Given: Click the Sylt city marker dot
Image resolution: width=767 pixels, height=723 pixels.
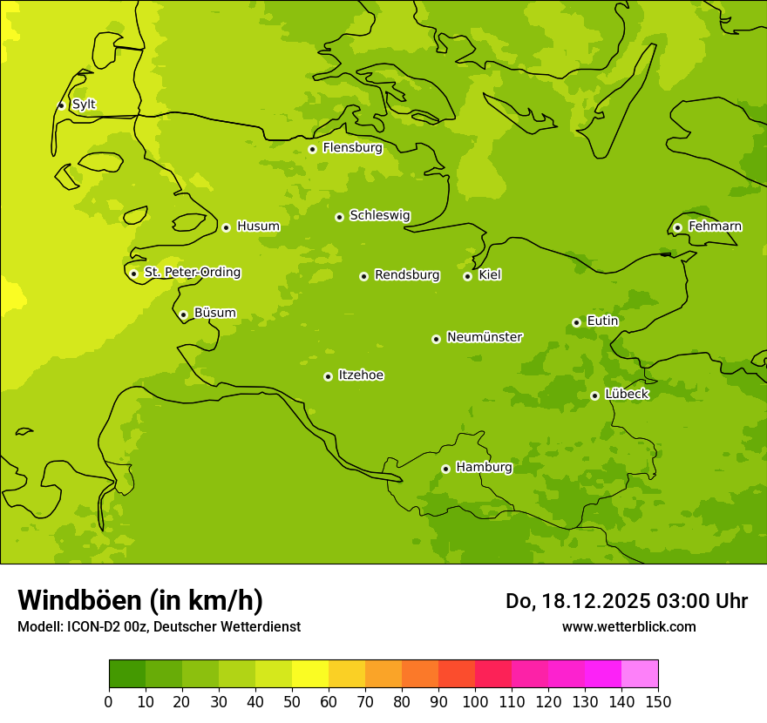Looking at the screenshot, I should tap(61, 105).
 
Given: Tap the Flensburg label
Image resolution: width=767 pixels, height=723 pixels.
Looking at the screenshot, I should tap(352, 148).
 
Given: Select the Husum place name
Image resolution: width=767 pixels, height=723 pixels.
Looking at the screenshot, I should tap(258, 226).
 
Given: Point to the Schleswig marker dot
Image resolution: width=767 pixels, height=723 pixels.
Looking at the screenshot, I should tap(339, 217).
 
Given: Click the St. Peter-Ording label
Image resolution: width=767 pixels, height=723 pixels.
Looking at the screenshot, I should tap(193, 273).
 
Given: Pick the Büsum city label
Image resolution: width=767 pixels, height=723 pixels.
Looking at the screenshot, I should tap(214, 314).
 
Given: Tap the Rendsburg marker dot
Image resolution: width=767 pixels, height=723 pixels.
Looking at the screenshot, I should tap(363, 276).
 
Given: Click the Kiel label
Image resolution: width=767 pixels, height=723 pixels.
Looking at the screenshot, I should tap(489, 275).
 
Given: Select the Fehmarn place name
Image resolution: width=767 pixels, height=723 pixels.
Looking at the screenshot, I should tap(715, 226).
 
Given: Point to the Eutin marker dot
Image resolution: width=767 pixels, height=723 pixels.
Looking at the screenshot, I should tap(576, 322).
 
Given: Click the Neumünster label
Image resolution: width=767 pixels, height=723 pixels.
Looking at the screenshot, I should tap(484, 337).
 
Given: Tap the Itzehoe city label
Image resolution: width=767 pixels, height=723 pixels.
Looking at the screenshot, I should tap(361, 375).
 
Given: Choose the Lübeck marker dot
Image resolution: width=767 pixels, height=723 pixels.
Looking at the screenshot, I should tap(594, 395).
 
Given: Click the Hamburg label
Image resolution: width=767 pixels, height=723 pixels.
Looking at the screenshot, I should tap(484, 468).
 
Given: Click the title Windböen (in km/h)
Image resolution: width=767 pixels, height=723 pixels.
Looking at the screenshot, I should tap(139, 600).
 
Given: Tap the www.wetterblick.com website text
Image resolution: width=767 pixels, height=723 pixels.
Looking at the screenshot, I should tap(628, 626).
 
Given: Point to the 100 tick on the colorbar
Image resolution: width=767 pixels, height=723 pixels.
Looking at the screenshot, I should tap(475, 701).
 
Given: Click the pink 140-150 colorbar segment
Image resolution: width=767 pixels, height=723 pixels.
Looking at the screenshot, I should tap(640, 674).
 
